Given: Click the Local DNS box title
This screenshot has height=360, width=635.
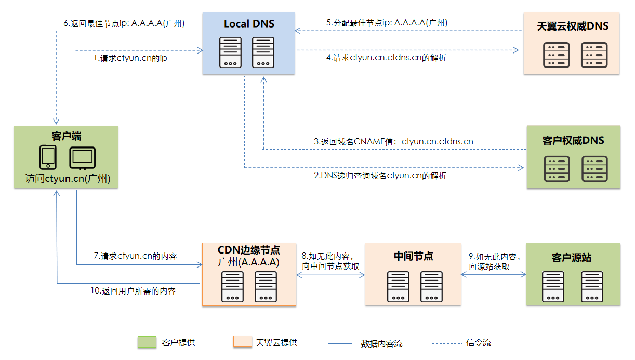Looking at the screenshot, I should [249, 24].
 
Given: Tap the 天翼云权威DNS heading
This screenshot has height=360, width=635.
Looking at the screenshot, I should [572, 26].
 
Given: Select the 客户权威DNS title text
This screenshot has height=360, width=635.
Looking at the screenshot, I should [573, 141].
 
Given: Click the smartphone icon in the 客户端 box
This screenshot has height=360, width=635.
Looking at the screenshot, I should [48, 157].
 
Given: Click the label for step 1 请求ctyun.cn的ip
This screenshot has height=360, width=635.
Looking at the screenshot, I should [130, 58].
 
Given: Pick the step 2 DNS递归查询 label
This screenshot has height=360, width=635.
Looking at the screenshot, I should [380, 176].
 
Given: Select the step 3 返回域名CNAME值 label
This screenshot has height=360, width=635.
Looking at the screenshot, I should [393, 141].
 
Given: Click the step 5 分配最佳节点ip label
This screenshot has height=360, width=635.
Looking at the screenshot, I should [387, 23].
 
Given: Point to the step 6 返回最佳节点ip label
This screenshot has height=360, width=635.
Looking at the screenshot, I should [124, 23].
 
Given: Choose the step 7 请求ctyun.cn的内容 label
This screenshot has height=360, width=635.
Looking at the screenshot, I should [135, 256].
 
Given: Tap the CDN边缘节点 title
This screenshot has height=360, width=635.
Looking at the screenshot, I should [249, 250].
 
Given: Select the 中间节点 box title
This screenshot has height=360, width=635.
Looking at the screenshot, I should [413, 256].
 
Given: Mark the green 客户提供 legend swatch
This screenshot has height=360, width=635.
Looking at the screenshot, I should [147, 342].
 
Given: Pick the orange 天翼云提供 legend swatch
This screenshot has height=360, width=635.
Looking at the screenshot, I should [242, 342].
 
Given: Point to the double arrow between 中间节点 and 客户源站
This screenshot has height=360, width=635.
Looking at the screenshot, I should [494, 275].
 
